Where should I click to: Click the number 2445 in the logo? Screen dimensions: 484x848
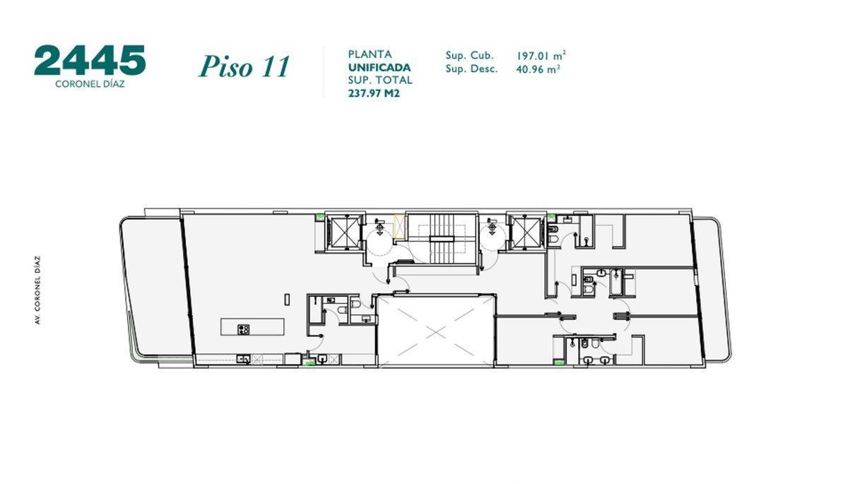90,61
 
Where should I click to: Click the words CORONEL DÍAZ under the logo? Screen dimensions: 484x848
90,83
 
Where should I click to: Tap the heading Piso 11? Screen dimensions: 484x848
244,66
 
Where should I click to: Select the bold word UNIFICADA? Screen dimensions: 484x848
379,67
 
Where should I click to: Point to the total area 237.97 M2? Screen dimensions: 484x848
374,93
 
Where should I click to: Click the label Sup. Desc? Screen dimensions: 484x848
471,69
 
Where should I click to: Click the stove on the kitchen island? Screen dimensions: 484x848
245,328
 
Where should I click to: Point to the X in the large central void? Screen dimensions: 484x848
435,331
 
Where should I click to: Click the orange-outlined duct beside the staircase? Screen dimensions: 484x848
401,227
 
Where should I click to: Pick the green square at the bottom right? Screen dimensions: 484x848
559,364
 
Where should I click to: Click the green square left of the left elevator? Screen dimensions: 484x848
319,216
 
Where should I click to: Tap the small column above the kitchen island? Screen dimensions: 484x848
286,300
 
